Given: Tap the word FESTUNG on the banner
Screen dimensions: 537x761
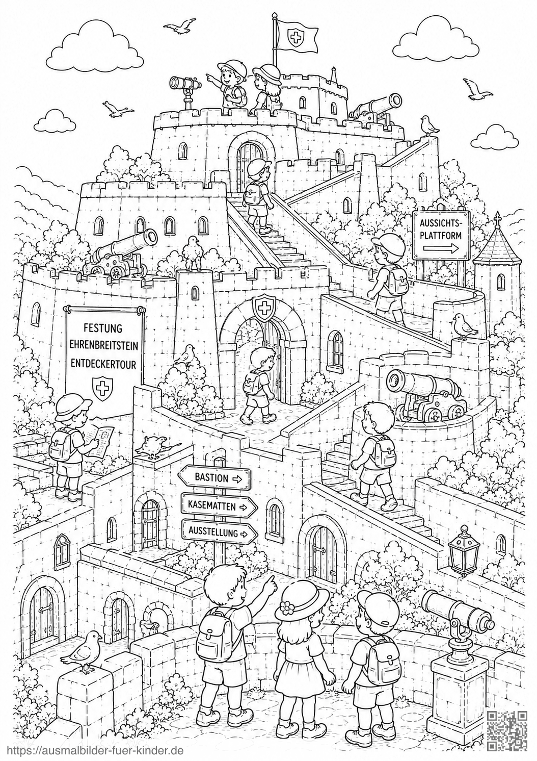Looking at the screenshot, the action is point(103,328).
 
